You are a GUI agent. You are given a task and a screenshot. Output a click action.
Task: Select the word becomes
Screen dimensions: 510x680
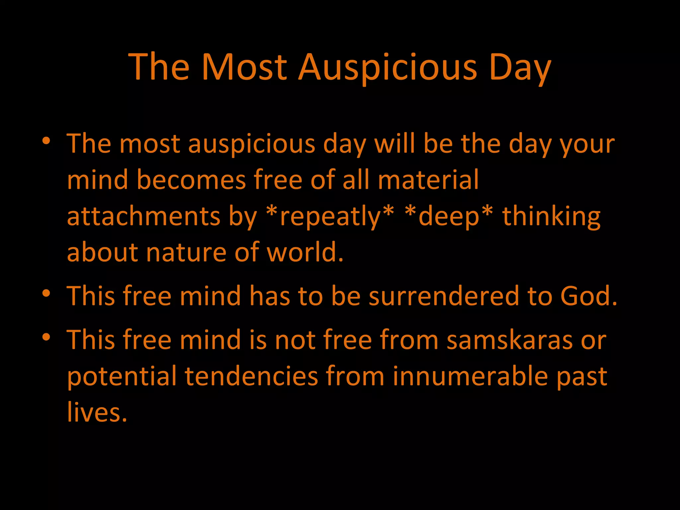pyautogui.click(x=191, y=180)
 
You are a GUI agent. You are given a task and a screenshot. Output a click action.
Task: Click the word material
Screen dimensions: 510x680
pyautogui.click(x=428, y=180)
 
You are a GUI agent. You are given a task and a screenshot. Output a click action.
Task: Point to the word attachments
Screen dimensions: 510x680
pyautogui.click(x=143, y=216)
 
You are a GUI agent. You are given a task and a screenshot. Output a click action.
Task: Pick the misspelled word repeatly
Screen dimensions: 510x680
pyautogui.click(x=330, y=216)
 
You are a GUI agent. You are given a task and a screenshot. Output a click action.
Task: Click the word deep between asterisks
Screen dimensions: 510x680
pyautogui.click(x=449, y=216)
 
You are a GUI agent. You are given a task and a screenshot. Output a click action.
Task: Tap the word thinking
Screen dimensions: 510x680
pyautogui.click(x=551, y=216)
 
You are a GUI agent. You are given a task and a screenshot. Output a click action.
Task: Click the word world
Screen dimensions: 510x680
pyautogui.click(x=305, y=252)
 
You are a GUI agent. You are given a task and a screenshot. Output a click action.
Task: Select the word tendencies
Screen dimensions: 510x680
pyautogui.click(x=251, y=376)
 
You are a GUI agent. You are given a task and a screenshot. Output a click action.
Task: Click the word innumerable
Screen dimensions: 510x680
pyautogui.click(x=470, y=376)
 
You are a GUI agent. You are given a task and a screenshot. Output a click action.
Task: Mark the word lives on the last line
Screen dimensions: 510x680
pyautogui.click(x=97, y=412)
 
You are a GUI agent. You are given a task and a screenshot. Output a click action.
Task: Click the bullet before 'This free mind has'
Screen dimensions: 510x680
pyautogui.click(x=46, y=294)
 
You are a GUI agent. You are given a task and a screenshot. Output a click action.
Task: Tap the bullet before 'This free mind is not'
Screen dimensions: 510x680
pyautogui.click(x=46, y=338)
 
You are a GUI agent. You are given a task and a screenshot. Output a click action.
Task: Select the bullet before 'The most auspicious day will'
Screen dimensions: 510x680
pyautogui.click(x=46, y=141)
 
